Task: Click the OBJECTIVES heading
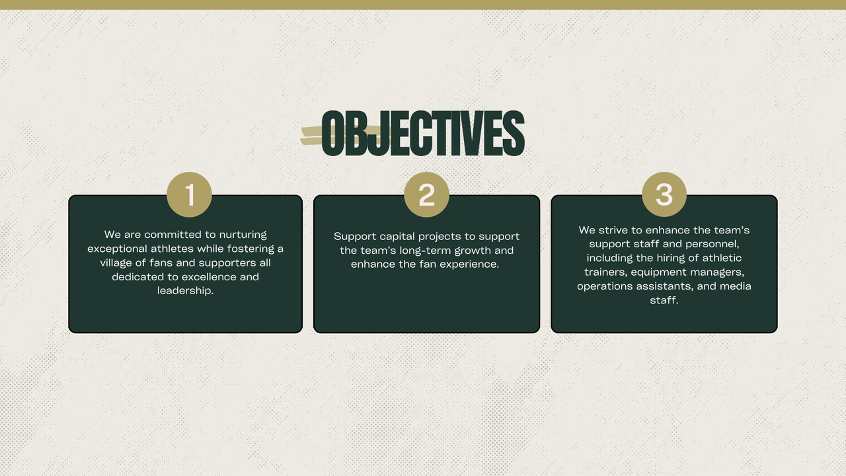(422, 133)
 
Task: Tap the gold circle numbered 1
(189, 194)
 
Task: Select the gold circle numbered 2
(426, 194)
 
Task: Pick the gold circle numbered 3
(664, 194)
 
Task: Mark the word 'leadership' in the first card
(184, 290)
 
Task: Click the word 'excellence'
(209, 277)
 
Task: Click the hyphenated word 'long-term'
(425, 251)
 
